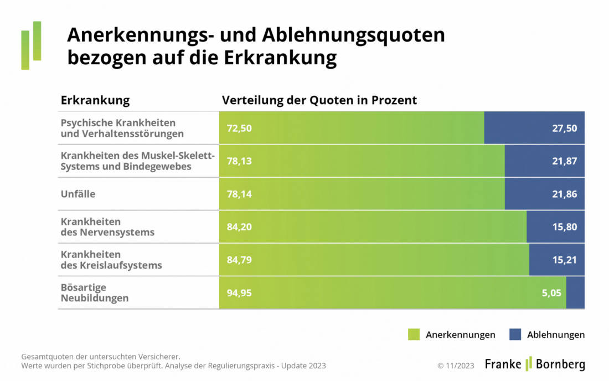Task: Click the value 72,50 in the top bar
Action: click(x=239, y=128)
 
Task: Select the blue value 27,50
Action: click(x=565, y=128)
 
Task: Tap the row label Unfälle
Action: click(x=78, y=194)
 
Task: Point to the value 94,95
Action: click(x=239, y=293)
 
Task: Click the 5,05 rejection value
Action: click(x=551, y=293)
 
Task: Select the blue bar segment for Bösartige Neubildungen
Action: click(x=575, y=293)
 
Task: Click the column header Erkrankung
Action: click(x=95, y=100)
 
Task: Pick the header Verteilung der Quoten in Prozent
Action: click(x=319, y=100)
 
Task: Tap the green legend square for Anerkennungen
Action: click(x=414, y=334)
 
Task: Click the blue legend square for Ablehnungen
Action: click(x=515, y=334)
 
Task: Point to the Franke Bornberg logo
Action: click(x=534, y=364)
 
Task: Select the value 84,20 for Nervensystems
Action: click(x=239, y=227)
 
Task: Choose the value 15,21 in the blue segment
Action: click(x=565, y=260)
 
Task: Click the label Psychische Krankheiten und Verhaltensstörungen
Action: click(x=122, y=128)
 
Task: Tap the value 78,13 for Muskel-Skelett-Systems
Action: click(x=239, y=161)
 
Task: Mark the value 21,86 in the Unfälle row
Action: click(x=565, y=194)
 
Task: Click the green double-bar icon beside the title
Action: click(x=31, y=45)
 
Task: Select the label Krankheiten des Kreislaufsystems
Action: click(x=111, y=260)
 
